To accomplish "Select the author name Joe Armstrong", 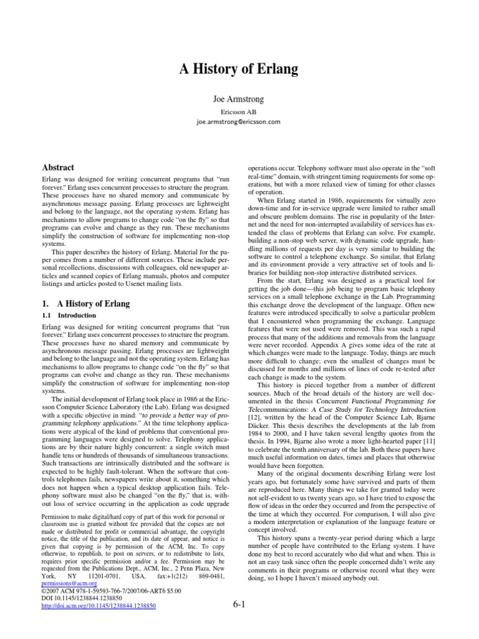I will pos(239,99).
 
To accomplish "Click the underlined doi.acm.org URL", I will pos(98,605).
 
